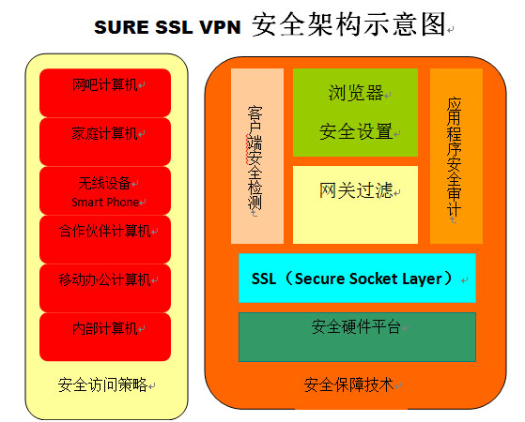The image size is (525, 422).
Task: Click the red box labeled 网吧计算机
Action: [105, 91]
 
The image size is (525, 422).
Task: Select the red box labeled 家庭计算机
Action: [105, 141]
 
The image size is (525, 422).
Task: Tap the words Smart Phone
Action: [105, 202]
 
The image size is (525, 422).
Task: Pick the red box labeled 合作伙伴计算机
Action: [105, 238]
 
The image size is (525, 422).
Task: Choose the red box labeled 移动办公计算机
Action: [105, 287]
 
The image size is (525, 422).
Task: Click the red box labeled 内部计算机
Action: [105, 336]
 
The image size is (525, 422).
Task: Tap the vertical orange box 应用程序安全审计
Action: [456, 156]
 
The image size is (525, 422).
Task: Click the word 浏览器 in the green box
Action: [356, 93]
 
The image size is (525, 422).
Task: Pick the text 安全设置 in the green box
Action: [356, 131]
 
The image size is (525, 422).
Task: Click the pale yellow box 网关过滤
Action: [355, 203]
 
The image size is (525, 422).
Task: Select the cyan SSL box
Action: [357, 278]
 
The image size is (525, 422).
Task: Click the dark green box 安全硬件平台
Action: [357, 336]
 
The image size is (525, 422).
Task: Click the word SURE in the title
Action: [119, 28]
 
